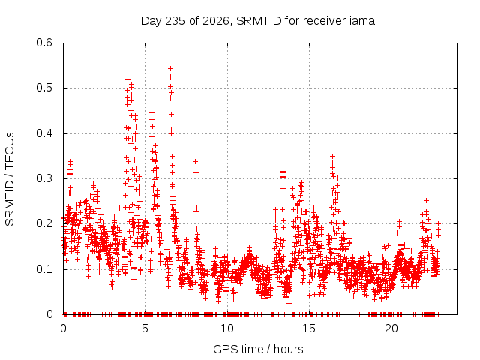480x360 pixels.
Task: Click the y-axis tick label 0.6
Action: pos(44,43)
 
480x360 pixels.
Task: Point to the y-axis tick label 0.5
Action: pos(44,88)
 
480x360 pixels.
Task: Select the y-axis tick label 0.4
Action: pos(44,133)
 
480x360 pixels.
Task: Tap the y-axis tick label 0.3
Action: pos(44,178)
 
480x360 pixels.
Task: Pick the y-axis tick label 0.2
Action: pos(44,223)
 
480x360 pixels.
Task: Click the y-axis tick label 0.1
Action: pos(44,269)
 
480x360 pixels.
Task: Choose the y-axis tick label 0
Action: pos(49,314)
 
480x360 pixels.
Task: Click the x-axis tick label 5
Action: pos(145,328)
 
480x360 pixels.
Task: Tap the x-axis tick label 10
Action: pos(226,328)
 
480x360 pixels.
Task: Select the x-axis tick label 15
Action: pos(309,328)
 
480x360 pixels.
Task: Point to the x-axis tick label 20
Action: pos(391,328)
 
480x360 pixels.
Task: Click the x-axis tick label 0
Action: pos(63,328)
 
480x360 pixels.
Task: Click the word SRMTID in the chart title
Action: pos(259,21)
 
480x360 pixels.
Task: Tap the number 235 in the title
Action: pos(175,21)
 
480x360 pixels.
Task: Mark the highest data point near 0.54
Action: pos(171,68)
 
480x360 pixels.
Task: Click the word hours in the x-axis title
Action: pos(288,349)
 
